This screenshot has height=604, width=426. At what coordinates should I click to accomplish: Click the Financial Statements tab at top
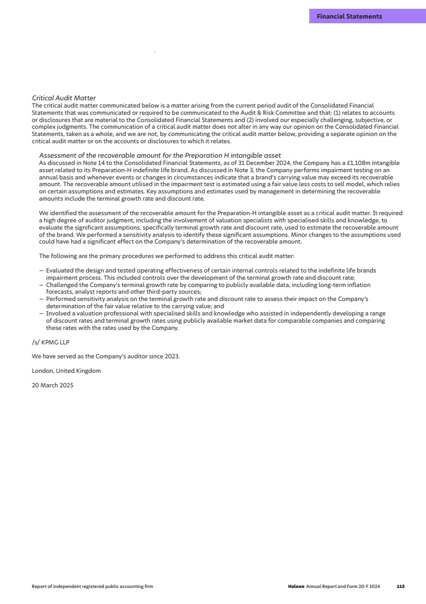[350, 17]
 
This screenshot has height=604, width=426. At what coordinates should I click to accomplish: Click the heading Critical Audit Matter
[64, 98]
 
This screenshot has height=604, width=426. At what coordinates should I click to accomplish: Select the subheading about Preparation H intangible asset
[160, 155]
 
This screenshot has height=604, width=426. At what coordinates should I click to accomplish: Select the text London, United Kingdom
[66, 371]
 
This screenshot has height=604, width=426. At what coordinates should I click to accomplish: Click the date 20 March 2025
[53, 385]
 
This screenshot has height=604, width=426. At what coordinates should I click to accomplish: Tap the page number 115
[400, 586]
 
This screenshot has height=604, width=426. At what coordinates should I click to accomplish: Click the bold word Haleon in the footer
[296, 586]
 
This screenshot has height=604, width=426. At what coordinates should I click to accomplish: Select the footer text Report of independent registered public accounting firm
[92, 586]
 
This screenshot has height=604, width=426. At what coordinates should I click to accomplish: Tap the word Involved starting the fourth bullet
[58, 313]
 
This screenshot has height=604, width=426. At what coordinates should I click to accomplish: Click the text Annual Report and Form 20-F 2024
[343, 586]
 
